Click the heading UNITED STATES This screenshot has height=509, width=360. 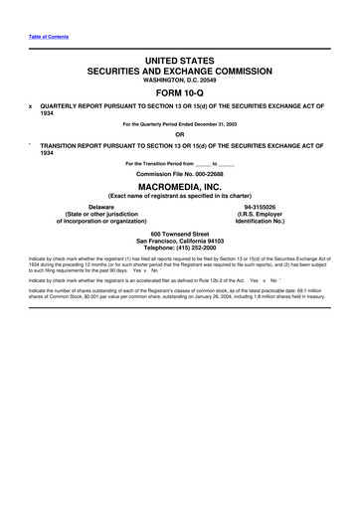click(x=180, y=62)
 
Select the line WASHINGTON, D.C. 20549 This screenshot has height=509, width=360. click(x=180, y=84)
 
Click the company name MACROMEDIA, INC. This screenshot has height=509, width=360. click(x=180, y=187)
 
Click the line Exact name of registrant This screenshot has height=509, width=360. click(x=180, y=197)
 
